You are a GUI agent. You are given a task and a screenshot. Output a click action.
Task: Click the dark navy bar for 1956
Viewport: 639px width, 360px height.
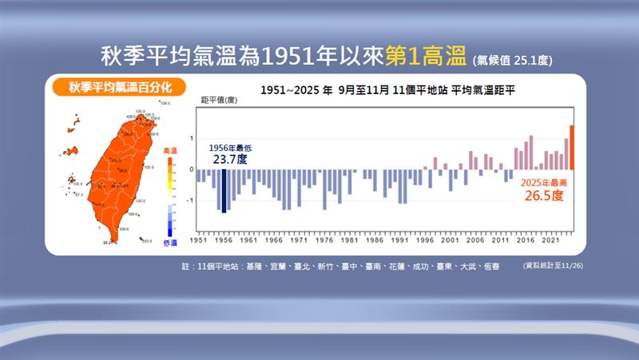pos(224,192)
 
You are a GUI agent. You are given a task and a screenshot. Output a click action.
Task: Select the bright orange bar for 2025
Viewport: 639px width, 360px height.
pos(572,148)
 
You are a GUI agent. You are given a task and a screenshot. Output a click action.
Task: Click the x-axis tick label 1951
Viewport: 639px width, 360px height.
pos(198,239)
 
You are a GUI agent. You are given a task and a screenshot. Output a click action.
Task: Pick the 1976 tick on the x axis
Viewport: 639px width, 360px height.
pos(324,239)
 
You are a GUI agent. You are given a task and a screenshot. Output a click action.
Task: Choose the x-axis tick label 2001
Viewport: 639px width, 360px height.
pos(450,239)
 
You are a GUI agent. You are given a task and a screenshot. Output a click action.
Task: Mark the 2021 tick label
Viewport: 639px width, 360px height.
pos(550,239)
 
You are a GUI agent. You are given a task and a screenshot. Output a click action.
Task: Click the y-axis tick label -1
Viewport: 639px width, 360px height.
pos(190,201)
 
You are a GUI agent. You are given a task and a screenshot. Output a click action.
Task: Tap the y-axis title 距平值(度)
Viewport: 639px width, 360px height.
pos(218,100)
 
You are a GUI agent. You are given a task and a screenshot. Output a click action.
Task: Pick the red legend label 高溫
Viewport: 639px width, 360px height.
pos(169,150)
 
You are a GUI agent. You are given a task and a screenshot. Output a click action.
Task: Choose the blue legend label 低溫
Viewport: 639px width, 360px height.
pos(169,242)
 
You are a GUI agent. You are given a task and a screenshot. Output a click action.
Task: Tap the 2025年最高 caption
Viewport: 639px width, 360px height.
pos(542,183)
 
